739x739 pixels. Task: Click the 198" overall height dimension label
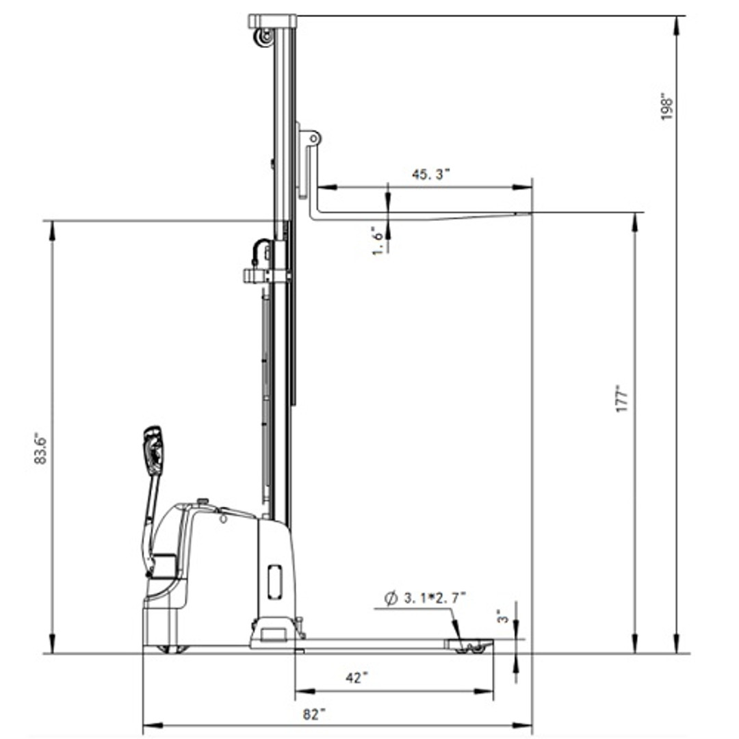[667, 108]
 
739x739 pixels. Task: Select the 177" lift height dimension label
[623, 400]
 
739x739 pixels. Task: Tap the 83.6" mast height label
[41, 450]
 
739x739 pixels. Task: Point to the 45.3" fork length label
[431, 174]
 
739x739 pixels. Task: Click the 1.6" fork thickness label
[378, 240]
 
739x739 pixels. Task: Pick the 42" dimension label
[356, 677]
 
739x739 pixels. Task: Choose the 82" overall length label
[314, 714]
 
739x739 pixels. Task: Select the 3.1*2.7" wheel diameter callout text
[435, 598]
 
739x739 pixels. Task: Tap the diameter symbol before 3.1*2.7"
[391, 599]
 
